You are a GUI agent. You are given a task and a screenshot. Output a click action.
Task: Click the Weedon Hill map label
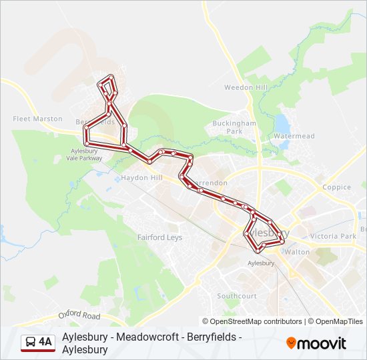tap(246, 87)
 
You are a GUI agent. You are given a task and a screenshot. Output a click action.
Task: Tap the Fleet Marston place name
tap(37, 119)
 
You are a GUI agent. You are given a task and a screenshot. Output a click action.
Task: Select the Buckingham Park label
tap(234, 127)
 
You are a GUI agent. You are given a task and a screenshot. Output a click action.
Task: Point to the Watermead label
tap(294, 136)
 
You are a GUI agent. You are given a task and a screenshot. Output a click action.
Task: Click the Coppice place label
tap(336, 187)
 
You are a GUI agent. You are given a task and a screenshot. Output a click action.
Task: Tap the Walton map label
tap(297, 252)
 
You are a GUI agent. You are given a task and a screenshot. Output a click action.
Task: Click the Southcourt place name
tap(236, 295)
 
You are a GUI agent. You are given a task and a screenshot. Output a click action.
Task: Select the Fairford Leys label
tap(159, 237)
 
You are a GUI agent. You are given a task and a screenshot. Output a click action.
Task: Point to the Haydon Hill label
tap(141, 178)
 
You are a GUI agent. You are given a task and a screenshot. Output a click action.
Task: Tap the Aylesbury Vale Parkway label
tap(85, 155)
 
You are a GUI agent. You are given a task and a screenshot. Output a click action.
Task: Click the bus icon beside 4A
tap(31, 343)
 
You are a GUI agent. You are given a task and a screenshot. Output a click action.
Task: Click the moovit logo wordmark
tap(322, 343)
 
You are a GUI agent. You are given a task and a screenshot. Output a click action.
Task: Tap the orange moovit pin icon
tap(291, 343)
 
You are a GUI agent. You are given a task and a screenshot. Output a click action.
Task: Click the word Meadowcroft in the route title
tap(145, 337)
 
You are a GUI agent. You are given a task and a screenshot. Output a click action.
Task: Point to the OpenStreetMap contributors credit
tap(252, 321)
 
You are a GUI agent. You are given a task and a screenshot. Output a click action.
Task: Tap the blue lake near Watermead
tap(282, 123)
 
